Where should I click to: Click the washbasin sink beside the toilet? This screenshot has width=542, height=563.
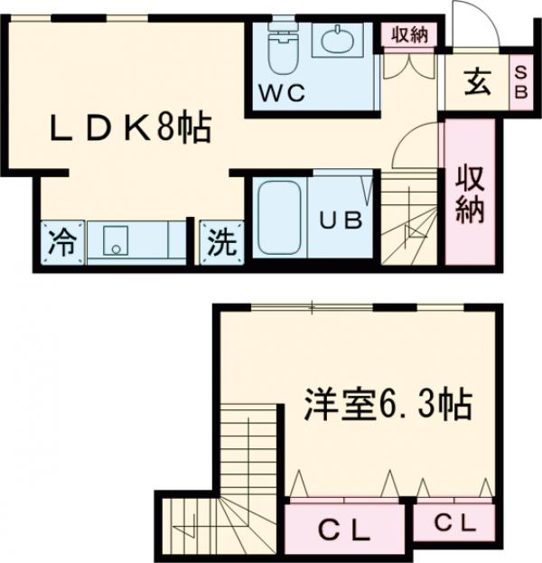337,40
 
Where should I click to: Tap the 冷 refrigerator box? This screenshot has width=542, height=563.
61,242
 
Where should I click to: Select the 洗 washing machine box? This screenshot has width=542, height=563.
221,242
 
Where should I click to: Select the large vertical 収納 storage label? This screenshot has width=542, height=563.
469,192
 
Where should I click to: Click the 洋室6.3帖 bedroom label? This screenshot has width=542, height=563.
388,406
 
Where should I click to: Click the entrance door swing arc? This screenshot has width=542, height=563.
472,22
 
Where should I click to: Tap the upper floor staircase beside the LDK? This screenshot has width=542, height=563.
408,221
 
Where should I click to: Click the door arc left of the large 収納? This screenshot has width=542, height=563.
419,145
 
